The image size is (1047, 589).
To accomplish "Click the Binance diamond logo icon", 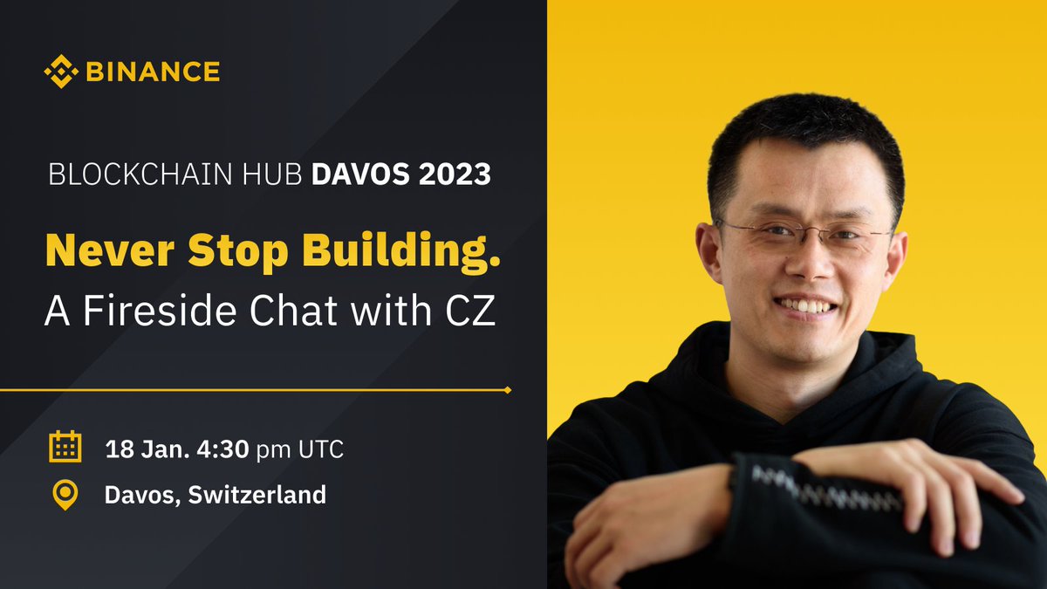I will coord(60,72).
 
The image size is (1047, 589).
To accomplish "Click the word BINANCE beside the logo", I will coord(153,72).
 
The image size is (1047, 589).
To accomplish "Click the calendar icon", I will coord(65,447).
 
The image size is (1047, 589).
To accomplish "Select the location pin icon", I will coord(65,495).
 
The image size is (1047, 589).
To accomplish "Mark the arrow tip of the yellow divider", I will coord(507,389).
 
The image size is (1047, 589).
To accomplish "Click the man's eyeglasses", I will coord(803,233).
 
